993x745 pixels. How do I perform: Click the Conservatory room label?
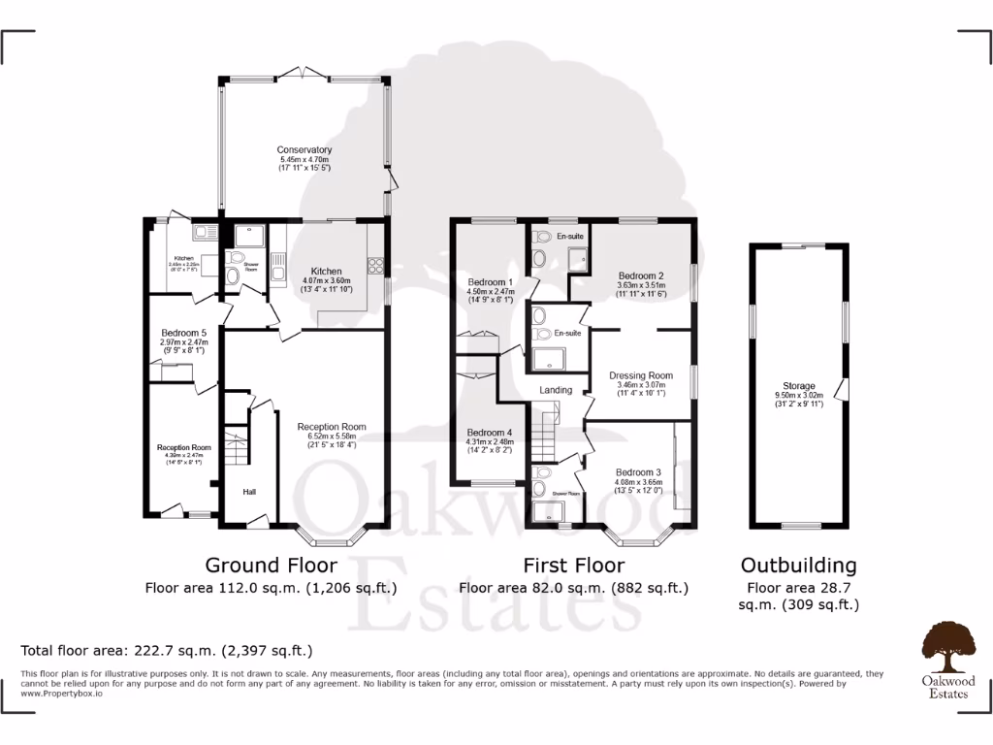coord(304,150)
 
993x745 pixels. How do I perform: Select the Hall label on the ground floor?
coord(249,493)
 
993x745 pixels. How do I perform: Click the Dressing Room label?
coord(640,375)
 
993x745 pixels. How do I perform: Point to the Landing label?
coord(556,390)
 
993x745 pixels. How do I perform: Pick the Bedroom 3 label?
coord(638,472)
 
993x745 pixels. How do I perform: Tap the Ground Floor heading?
coord(271,565)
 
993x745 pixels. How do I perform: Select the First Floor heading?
coord(573,565)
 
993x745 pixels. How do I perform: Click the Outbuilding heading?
coord(798,565)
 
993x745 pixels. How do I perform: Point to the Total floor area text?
coord(167,650)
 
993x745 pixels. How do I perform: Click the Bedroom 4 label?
coord(489,432)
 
